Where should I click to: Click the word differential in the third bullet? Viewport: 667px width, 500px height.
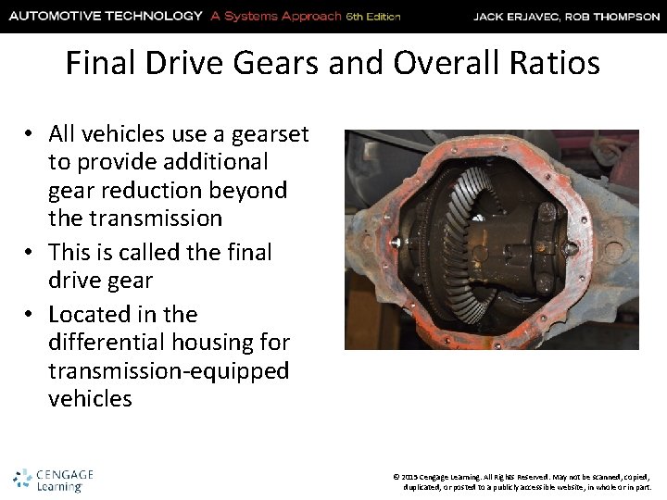click(x=103, y=343)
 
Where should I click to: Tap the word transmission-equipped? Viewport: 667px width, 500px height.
click(x=169, y=370)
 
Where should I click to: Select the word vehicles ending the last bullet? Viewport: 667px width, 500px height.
click(x=90, y=399)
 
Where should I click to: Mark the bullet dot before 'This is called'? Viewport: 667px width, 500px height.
click(x=30, y=252)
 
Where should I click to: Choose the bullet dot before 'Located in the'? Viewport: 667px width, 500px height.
click(x=30, y=315)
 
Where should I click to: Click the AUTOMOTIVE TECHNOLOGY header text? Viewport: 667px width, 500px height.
click(x=105, y=16)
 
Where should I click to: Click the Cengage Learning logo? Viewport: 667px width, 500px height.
click(x=53, y=480)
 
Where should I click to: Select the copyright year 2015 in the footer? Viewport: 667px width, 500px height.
click(x=412, y=474)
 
